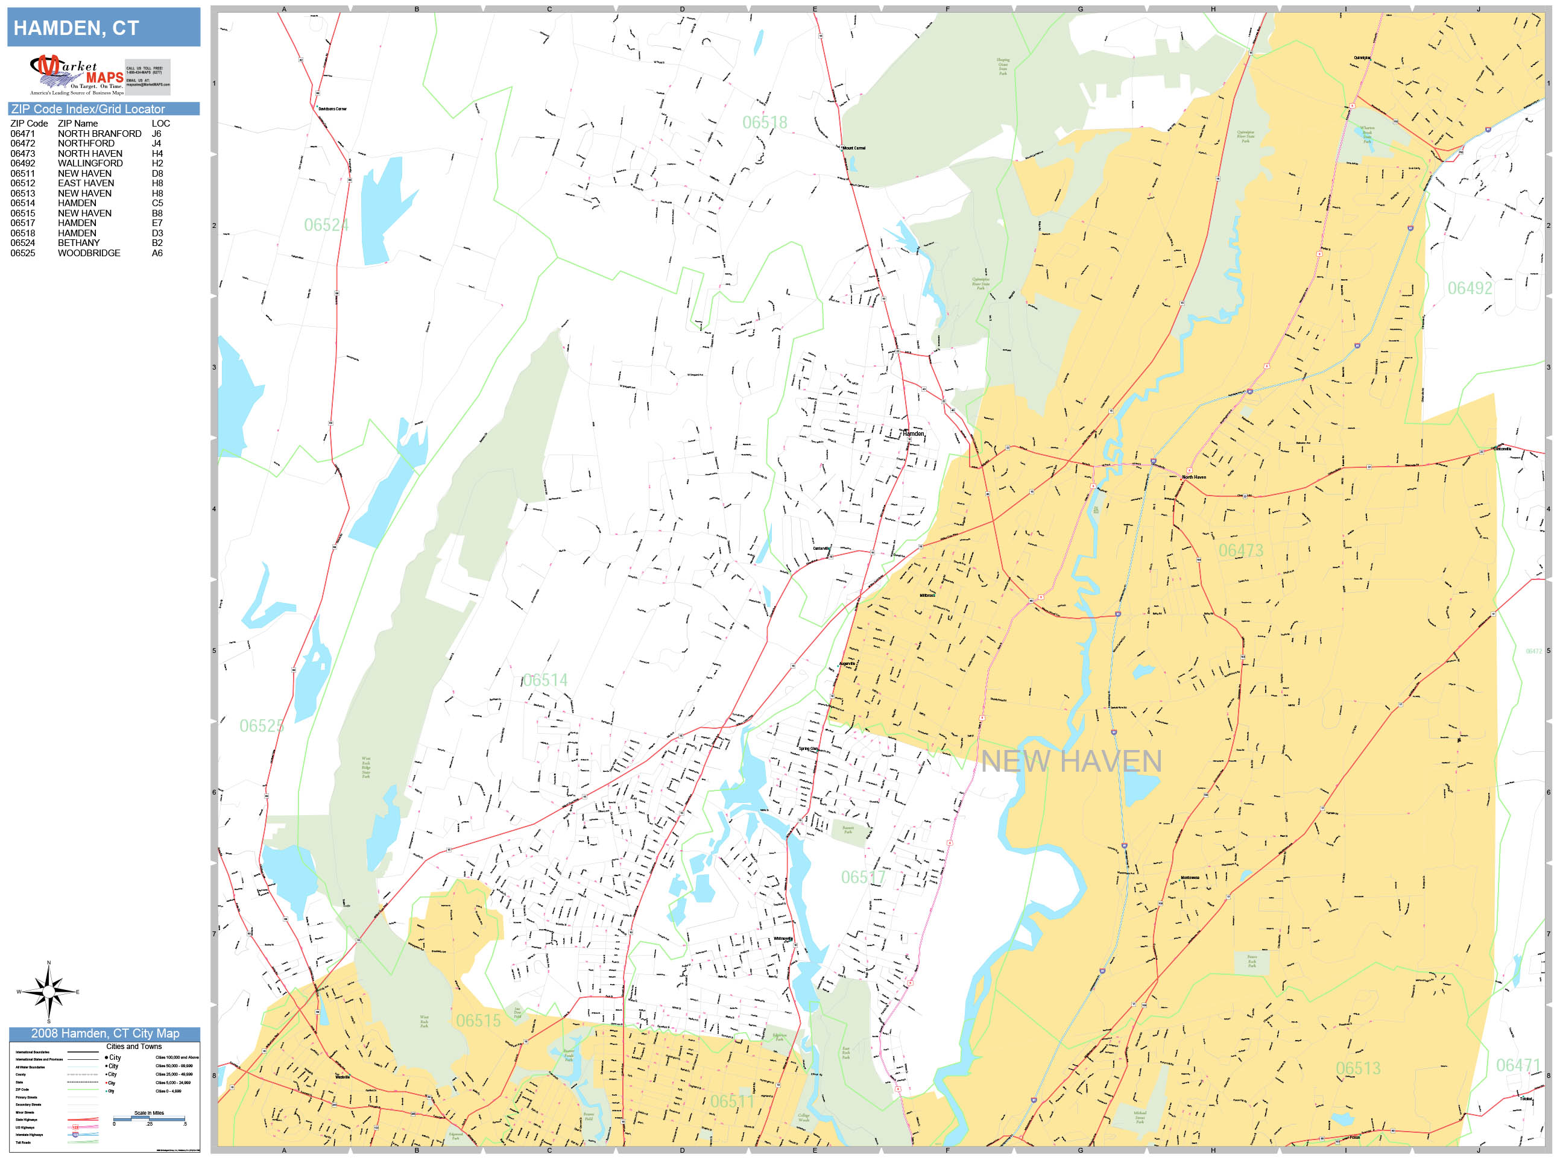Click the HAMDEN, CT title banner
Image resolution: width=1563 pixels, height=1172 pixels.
click(103, 28)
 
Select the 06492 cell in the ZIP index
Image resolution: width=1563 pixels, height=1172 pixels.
click(22, 163)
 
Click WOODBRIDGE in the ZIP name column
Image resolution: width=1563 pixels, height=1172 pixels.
click(89, 253)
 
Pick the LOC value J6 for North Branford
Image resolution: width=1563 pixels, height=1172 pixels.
click(156, 133)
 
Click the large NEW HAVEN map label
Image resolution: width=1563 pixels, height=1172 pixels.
click(1070, 761)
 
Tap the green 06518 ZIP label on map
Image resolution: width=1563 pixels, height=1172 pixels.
click(764, 123)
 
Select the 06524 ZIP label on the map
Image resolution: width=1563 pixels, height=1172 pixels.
click(326, 225)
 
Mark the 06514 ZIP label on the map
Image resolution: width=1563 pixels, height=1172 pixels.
click(545, 680)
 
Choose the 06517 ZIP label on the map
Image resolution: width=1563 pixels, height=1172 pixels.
click(863, 877)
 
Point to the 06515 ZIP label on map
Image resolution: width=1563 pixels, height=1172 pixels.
click(478, 1021)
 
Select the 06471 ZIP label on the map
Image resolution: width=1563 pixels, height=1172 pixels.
click(1518, 1065)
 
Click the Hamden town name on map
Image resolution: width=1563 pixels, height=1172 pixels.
click(913, 433)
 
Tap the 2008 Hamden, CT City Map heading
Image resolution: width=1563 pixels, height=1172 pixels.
click(104, 1033)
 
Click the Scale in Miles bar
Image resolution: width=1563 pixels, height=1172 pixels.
click(149, 1118)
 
